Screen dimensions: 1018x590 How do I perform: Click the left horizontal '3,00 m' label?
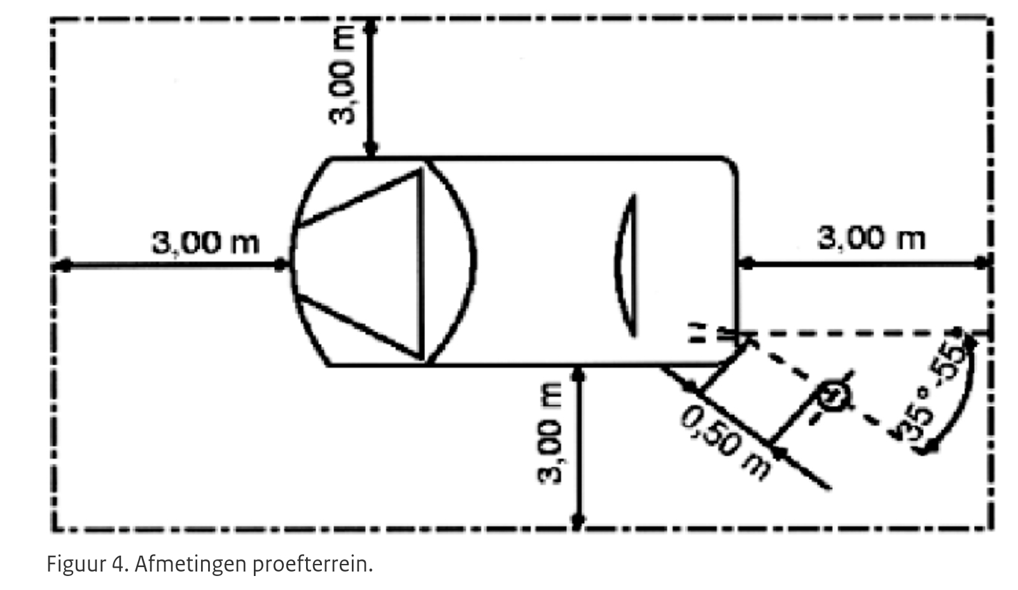[205, 242]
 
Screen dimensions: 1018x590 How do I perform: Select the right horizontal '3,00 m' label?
[871, 238]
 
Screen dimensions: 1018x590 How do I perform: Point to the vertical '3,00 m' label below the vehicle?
[550, 433]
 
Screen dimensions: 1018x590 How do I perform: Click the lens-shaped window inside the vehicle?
[626, 266]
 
